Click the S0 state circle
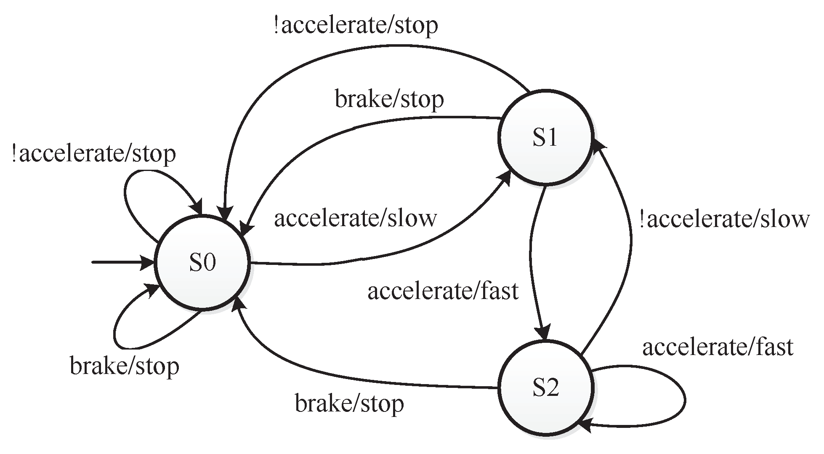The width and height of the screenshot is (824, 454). point(202,263)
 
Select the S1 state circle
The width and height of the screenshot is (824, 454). point(545,137)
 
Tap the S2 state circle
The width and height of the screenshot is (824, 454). point(545,388)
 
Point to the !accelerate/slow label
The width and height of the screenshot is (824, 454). point(724,219)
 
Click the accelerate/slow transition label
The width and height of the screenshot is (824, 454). point(356,219)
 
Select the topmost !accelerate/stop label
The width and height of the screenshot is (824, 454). point(356,25)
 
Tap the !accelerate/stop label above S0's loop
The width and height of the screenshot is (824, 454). point(93,154)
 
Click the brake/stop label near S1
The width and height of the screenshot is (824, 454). point(389,99)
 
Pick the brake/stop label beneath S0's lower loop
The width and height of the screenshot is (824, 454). point(125,366)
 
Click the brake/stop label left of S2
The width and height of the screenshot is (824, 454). point(349,403)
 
